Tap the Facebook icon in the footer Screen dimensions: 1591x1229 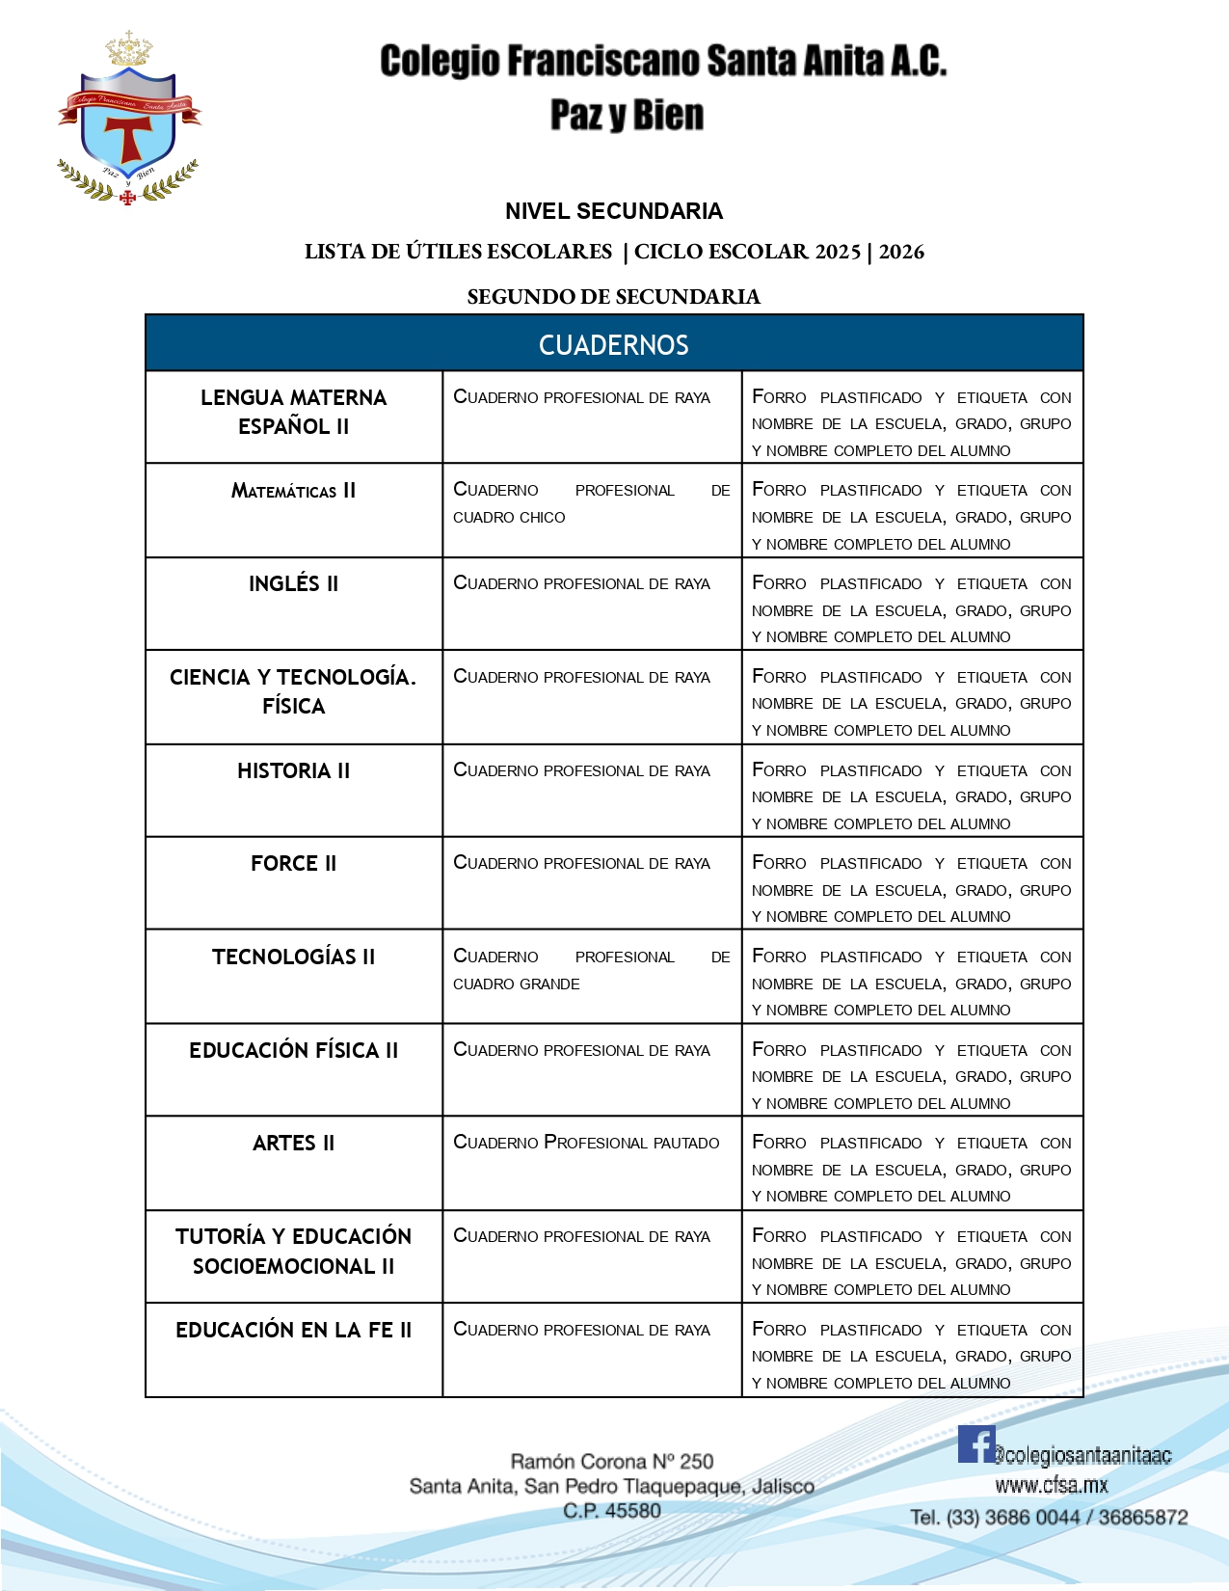coord(975,1444)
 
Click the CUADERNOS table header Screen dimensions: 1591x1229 coord(614,344)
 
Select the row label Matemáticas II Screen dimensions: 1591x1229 coord(293,491)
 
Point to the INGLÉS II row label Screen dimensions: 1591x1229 coord(293,583)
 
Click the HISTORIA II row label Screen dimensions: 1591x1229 coord(293,770)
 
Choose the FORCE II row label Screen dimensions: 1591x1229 coord(293,863)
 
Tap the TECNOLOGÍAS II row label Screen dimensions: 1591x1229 coord(293,957)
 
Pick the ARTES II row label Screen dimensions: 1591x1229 coord(293,1143)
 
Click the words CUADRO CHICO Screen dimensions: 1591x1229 coord(509,518)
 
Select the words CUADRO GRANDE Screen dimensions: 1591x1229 coord(517,984)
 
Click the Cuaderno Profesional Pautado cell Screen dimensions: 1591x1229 coord(586,1143)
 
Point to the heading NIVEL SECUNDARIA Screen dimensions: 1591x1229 coord(614,211)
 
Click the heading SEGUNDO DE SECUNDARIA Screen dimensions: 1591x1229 coord(614,297)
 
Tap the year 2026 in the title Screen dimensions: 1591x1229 coord(901,252)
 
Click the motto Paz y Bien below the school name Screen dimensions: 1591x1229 coord(627,115)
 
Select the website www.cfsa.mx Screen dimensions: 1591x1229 coord(1052,1485)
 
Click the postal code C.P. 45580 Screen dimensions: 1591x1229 coord(612,1511)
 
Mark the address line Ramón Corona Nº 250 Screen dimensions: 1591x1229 coord(612,1462)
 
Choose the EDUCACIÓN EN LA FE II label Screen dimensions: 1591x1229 coord(293,1330)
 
